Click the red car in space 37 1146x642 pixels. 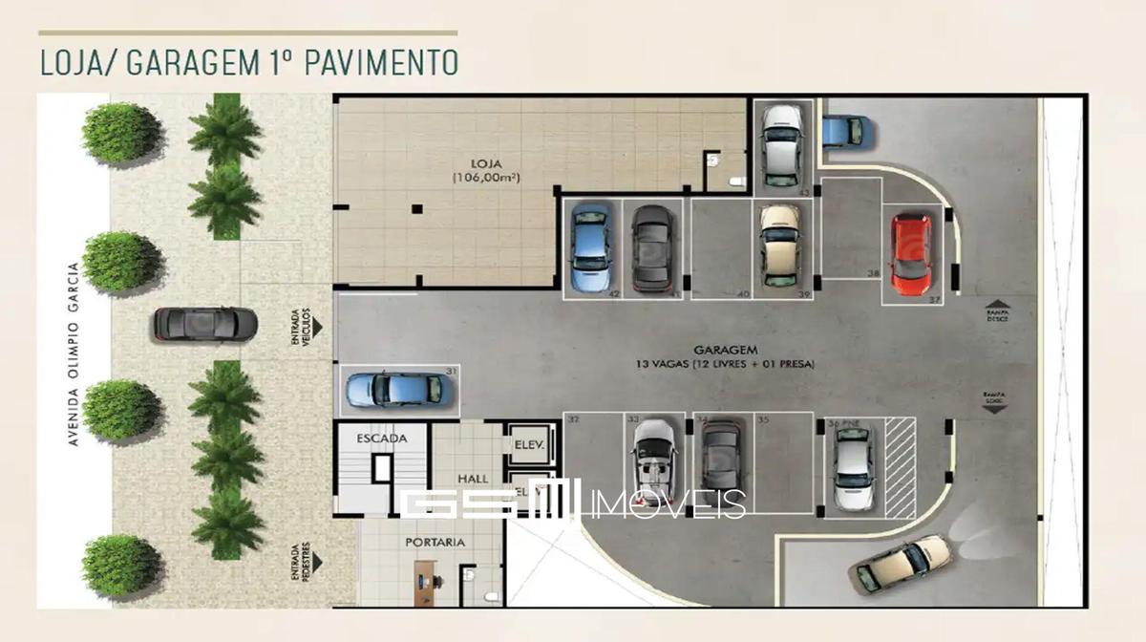click(x=910, y=254)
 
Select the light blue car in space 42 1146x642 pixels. click(x=590, y=247)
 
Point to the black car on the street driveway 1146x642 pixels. click(x=205, y=325)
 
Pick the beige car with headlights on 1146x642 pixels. click(x=903, y=564)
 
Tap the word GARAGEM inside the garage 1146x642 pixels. click(x=721, y=351)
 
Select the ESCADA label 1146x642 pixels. click(x=382, y=439)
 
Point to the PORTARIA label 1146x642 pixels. click(x=435, y=542)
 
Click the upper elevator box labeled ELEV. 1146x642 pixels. click(x=528, y=444)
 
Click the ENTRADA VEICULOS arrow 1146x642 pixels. click(x=317, y=326)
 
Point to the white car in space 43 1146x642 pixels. click(x=782, y=144)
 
